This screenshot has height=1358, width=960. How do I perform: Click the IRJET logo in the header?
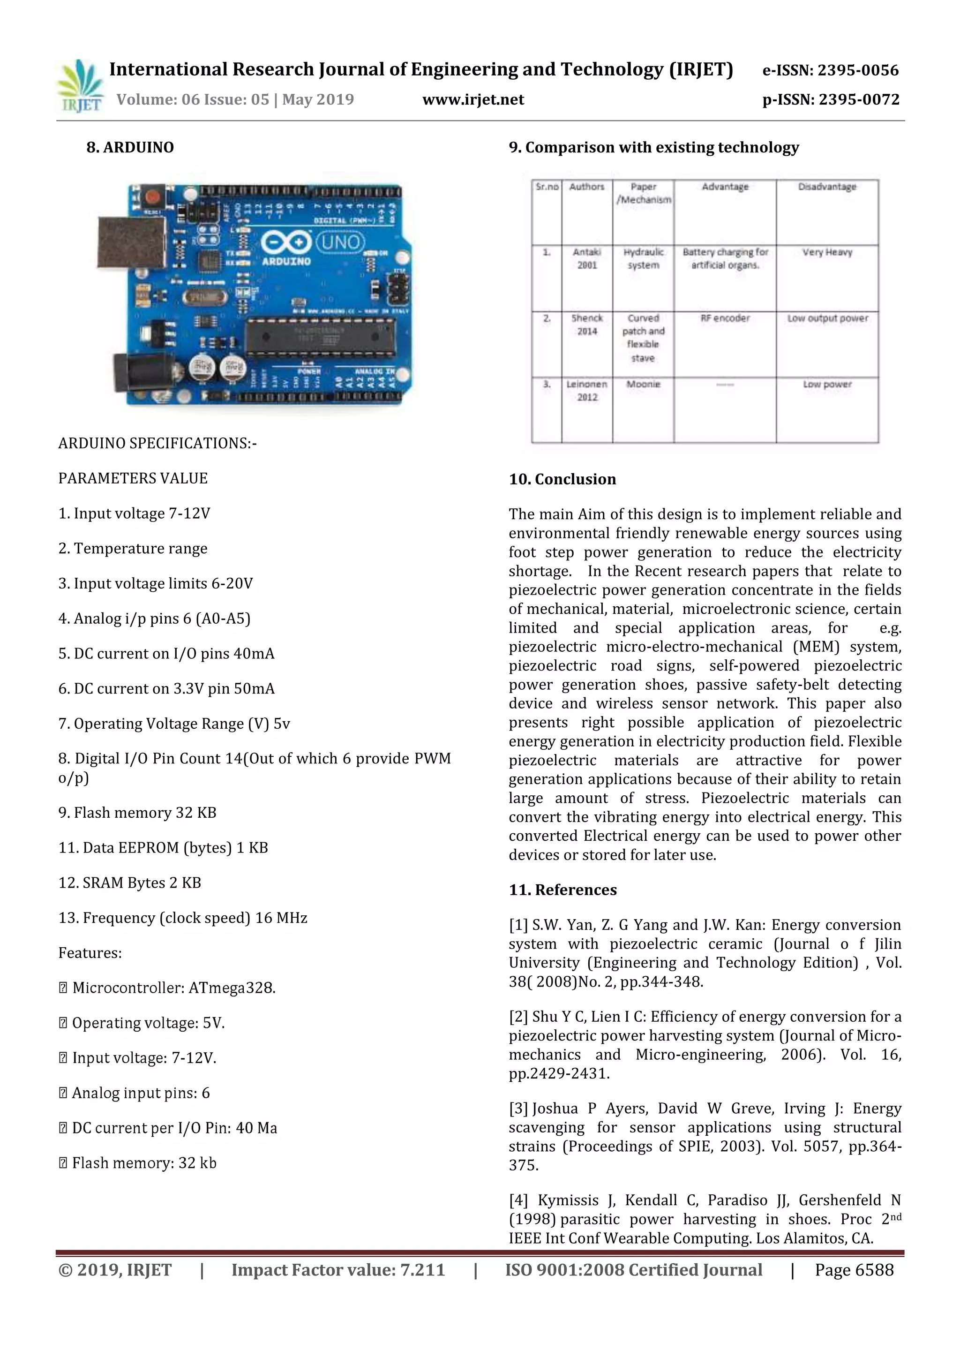(x=81, y=86)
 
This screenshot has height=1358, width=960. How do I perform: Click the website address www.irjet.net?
(x=473, y=99)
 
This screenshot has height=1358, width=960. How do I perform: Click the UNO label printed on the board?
(x=341, y=242)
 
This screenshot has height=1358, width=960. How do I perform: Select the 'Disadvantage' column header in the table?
(x=826, y=187)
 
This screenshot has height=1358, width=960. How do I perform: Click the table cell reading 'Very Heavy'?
(x=826, y=253)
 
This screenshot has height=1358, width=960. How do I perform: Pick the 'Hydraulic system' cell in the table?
(x=643, y=259)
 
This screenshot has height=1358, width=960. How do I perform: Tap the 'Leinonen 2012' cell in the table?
(x=587, y=390)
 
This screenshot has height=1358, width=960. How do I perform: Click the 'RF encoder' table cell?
(x=725, y=318)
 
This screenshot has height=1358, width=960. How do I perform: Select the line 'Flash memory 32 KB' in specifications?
(x=137, y=813)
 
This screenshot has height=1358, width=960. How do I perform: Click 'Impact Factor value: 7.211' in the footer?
(x=337, y=1270)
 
